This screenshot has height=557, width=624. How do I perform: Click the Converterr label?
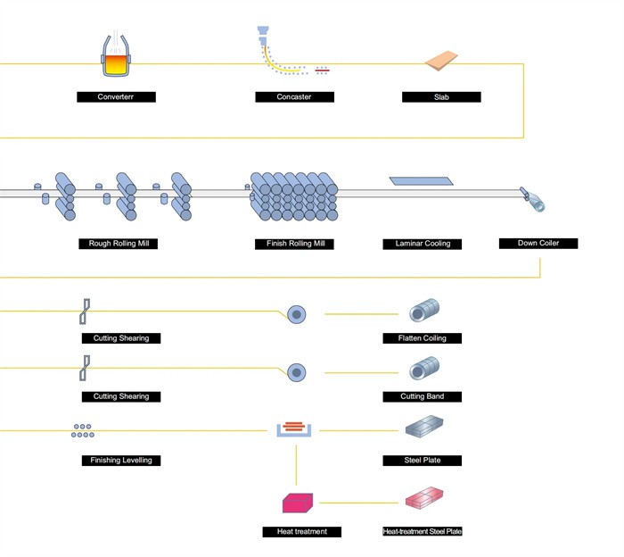(x=116, y=96)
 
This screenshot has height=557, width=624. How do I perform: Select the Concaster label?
(x=295, y=96)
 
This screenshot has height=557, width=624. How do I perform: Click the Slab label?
(x=441, y=96)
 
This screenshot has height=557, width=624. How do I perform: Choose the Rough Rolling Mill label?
(x=119, y=243)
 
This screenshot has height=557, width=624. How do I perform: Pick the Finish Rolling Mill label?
(x=295, y=243)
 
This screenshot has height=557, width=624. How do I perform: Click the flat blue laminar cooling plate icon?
(x=422, y=181)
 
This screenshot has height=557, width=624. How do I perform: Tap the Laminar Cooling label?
(x=423, y=243)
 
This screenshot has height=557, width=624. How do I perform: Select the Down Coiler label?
(x=538, y=243)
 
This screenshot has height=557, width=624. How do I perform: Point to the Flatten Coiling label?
(x=423, y=338)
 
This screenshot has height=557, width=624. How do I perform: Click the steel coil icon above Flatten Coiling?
(x=423, y=311)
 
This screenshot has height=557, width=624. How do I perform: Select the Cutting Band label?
(x=423, y=395)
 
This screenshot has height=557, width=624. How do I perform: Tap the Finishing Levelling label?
(x=121, y=460)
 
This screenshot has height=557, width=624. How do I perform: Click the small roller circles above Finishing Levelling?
(x=83, y=431)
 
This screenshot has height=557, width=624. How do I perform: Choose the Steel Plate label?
(x=423, y=460)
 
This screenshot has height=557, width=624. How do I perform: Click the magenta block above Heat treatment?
(x=296, y=503)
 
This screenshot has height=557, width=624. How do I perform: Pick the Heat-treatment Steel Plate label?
(x=423, y=531)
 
